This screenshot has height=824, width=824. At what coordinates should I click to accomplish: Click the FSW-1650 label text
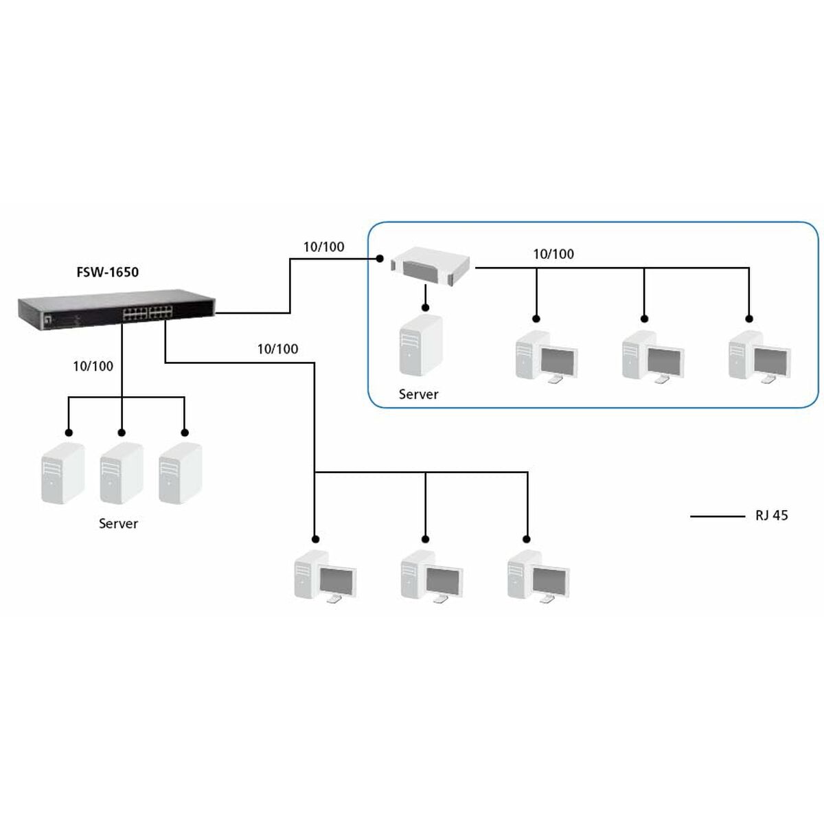coord(107,272)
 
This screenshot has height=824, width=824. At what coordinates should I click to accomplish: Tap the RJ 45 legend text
coord(771,515)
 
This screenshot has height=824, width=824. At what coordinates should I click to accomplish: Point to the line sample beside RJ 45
coord(717,516)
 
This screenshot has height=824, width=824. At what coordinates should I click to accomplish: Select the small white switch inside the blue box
coord(432,268)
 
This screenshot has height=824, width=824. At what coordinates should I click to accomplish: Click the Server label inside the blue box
coord(418,394)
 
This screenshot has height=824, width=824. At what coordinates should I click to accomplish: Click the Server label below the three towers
coord(118,523)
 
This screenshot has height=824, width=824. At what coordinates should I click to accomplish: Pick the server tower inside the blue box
coord(420,346)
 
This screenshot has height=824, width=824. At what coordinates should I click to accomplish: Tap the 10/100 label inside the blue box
coord(553,254)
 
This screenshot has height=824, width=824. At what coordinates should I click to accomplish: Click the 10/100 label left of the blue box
coord(323,247)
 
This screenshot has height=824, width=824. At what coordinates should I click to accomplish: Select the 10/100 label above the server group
coord(93,366)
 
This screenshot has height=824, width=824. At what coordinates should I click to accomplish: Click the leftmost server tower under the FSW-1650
coord(62,474)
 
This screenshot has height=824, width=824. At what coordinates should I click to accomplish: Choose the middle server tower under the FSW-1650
coord(121,474)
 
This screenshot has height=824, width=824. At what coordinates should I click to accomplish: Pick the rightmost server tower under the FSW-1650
coord(180,474)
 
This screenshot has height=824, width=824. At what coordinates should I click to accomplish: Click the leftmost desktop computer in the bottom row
coord(325,577)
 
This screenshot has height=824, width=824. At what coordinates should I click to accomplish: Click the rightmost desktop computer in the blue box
coord(759,356)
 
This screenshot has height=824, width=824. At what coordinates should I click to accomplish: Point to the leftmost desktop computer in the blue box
coord(546,356)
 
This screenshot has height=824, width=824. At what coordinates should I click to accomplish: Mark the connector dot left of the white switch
coord(378,259)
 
